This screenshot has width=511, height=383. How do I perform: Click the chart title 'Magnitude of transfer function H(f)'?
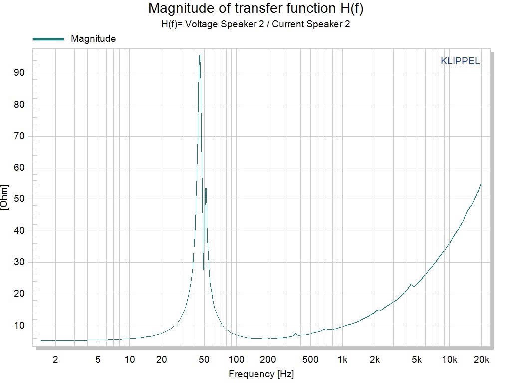click(255, 8)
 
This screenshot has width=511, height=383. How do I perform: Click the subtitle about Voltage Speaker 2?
click(255, 24)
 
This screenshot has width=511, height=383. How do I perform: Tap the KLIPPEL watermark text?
click(460, 61)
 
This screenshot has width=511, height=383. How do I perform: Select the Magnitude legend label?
click(93, 39)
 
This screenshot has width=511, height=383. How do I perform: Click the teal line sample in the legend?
click(48, 39)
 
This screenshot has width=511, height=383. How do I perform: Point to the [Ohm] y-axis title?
click(5, 198)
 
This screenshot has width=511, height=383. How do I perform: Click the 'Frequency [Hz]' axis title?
click(258, 374)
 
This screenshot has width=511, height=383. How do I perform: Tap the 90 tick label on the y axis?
click(20, 73)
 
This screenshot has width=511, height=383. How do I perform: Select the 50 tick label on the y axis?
click(20, 199)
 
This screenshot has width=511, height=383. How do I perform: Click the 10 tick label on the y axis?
click(20, 326)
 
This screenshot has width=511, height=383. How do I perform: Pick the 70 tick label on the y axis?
click(20, 136)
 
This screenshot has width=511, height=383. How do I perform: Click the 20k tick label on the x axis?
click(481, 359)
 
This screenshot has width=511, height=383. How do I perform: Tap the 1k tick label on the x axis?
click(342, 359)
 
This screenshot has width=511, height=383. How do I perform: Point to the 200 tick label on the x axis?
click(268, 359)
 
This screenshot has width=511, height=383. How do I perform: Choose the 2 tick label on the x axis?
click(55, 359)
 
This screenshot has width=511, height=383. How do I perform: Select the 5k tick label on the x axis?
click(417, 359)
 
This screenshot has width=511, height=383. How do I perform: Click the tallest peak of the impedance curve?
click(200, 55)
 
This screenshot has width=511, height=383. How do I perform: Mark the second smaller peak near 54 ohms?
click(206, 189)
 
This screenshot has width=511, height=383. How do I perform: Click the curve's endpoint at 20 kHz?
click(481, 185)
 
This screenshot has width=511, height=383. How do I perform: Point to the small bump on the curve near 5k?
click(411, 284)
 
